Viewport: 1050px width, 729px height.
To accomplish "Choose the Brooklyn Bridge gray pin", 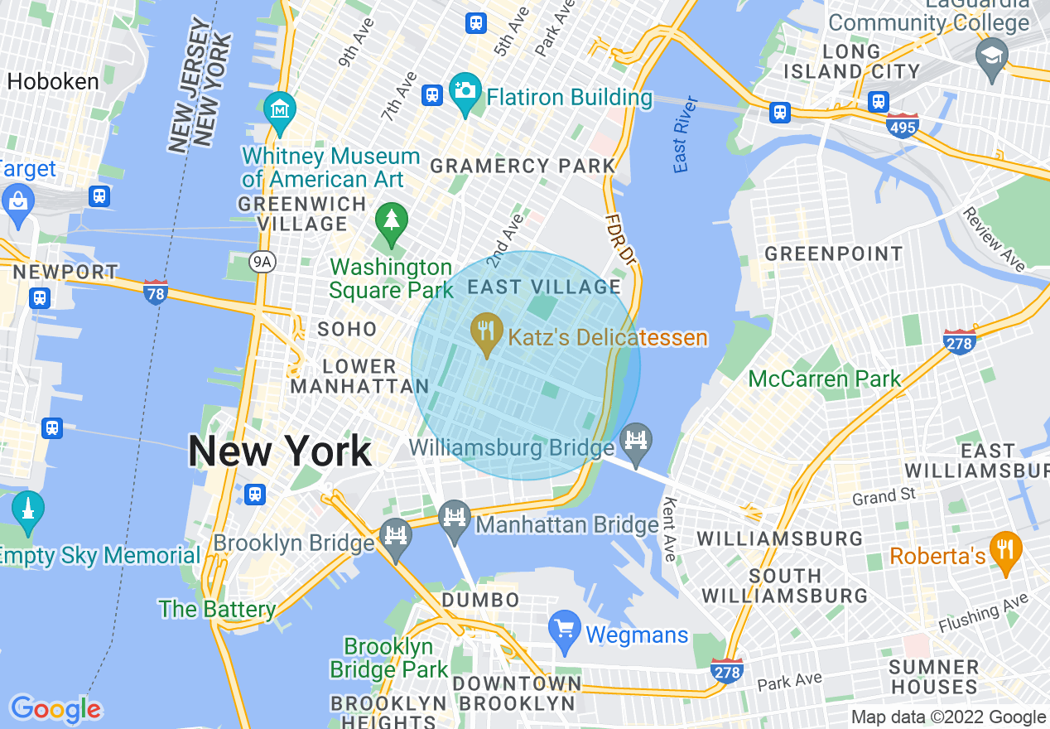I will [x=396, y=538].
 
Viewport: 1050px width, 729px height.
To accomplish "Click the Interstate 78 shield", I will [x=156, y=292].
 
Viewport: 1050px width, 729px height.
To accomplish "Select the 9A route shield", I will [x=262, y=263].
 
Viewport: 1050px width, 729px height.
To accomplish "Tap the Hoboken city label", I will [x=53, y=81].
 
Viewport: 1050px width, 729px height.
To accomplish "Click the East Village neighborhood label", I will [x=544, y=287].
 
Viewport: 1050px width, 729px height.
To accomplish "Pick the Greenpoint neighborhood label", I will [x=833, y=253].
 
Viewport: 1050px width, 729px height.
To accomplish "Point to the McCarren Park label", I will [x=824, y=379].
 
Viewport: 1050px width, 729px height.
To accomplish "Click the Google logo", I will [x=55, y=709].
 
